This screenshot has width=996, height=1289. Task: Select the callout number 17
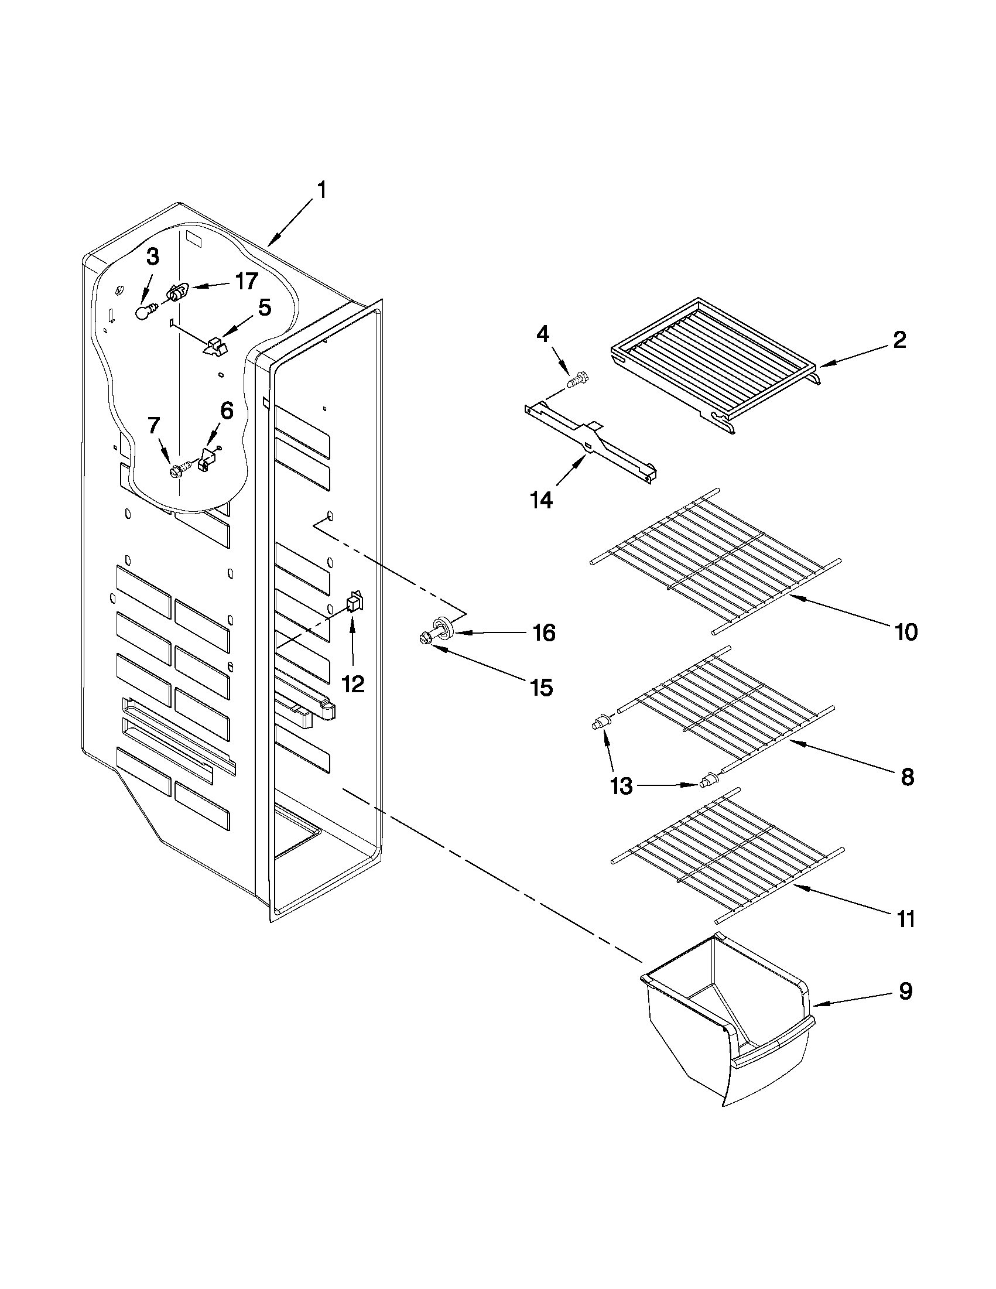click(x=247, y=282)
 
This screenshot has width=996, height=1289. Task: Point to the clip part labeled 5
click(x=215, y=347)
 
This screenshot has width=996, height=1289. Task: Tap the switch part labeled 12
click(x=355, y=603)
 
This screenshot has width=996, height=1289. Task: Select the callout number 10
click(x=906, y=632)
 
